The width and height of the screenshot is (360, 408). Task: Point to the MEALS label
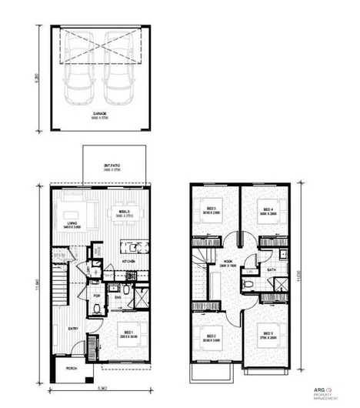click(x=123, y=212)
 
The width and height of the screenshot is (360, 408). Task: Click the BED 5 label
click(x=267, y=333)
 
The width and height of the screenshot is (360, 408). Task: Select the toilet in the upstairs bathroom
click(x=248, y=284)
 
